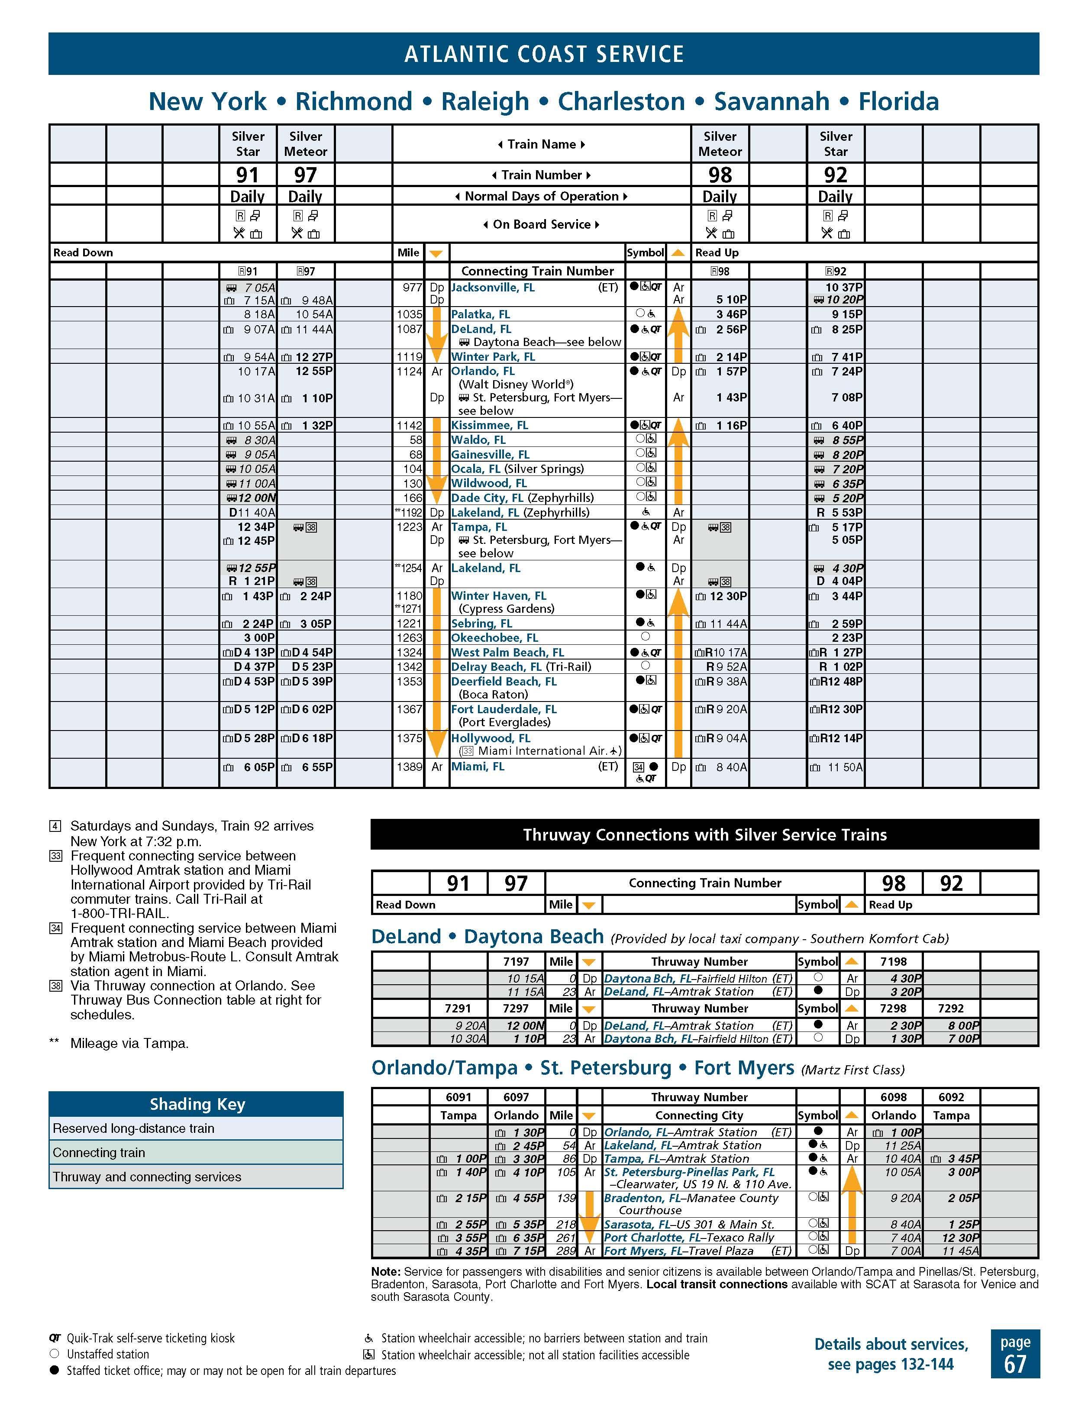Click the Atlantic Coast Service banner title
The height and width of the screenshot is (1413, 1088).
[x=543, y=54]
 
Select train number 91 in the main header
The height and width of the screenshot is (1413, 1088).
[x=247, y=175]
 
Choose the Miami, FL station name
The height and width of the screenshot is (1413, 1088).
[x=478, y=766]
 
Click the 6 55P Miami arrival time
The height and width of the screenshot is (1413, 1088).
[x=316, y=767]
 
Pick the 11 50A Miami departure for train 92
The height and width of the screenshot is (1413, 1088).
[x=845, y=767]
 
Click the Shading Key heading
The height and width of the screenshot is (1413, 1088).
[x=197, y=1104]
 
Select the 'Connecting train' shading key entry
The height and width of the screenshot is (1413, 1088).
[x=99, y=1152]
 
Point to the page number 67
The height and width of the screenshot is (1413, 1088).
[x=1015, y=1365]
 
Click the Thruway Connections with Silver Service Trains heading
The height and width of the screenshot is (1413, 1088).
[x=704, y=834]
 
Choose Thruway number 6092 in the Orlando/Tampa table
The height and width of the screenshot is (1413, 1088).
[x=951, y=1097]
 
